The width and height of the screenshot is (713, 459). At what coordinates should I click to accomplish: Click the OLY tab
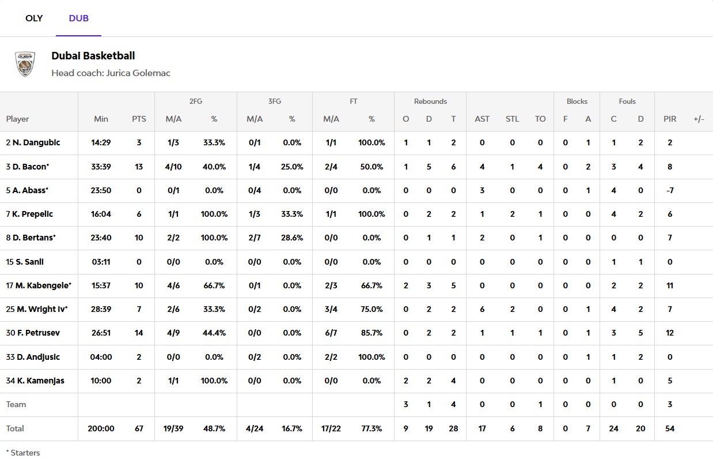(34, 18)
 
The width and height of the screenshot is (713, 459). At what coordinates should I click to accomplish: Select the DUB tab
(78, 18)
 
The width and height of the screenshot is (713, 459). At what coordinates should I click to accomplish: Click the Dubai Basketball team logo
(25, 64)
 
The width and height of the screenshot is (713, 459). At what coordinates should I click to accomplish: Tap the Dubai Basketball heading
(93, 56)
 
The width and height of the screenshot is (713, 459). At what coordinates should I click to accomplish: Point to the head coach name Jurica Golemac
(138, 73)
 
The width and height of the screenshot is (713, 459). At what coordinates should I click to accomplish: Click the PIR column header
(670, 119)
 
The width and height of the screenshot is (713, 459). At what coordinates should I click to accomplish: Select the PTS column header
(139, 119)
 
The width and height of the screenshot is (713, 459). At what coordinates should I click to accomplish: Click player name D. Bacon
(31, 167)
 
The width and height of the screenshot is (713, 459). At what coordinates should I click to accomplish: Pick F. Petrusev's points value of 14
(139, 333)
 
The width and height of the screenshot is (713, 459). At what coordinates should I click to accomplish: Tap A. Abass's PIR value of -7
(670, 190)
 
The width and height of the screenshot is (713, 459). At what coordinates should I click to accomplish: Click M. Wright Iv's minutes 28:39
(101, 309)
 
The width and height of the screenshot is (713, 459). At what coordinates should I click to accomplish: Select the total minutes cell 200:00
(101, 428)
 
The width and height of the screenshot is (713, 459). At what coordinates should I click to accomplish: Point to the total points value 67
(139, 428)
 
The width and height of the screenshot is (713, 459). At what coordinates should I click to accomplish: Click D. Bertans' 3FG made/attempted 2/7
(255, 238)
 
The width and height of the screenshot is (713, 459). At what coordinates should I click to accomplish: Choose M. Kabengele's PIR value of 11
(670, 285)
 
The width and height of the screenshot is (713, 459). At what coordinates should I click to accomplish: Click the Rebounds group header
(430, 101)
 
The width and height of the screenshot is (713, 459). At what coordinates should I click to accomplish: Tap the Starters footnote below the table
(23, 453)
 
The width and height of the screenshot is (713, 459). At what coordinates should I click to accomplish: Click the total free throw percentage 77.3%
(371, 428)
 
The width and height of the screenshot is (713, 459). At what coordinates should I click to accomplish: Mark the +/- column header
(699, 119)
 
